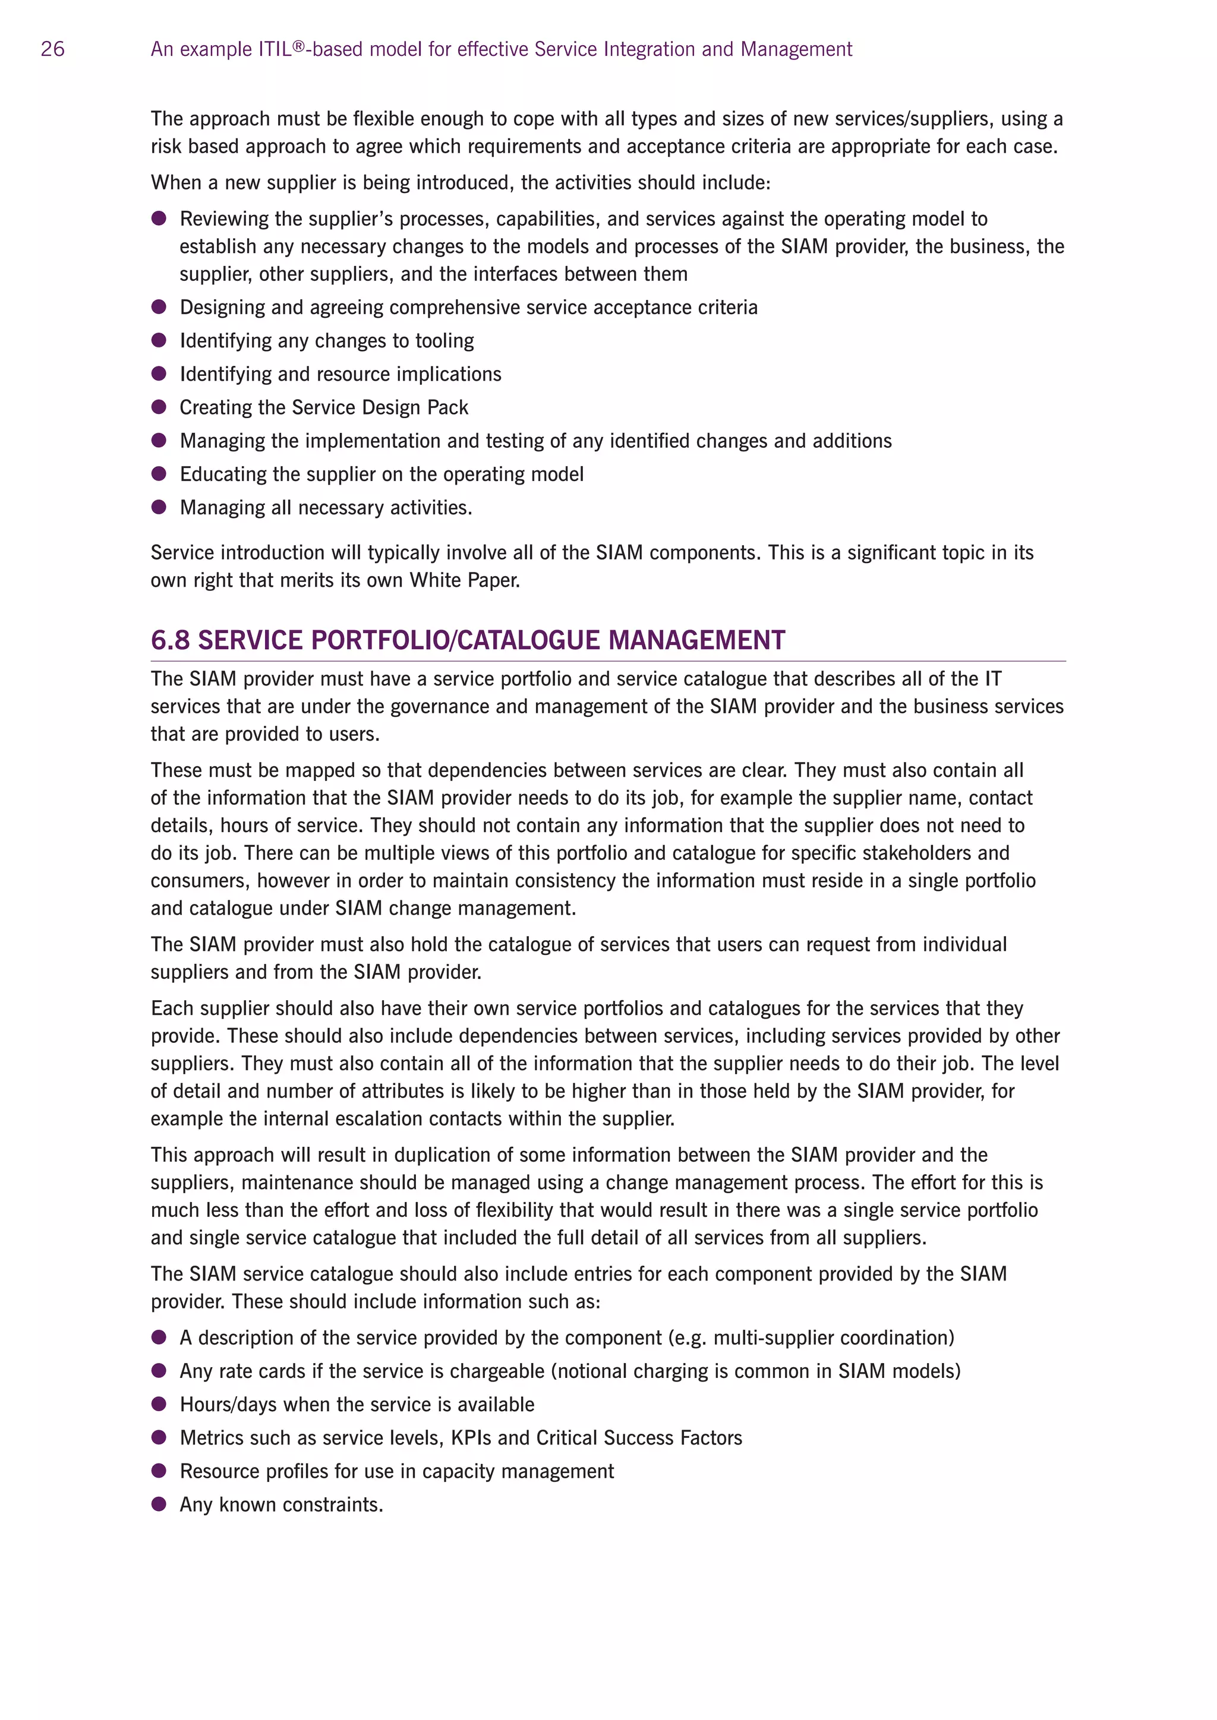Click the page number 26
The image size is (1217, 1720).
tap(52, 49)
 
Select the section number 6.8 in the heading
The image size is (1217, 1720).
tap(170, 640)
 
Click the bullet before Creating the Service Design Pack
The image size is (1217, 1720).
tap(159, 407)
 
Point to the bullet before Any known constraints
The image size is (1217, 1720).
tap(159, 1504)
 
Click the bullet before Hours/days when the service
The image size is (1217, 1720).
tap(159, 1404)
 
